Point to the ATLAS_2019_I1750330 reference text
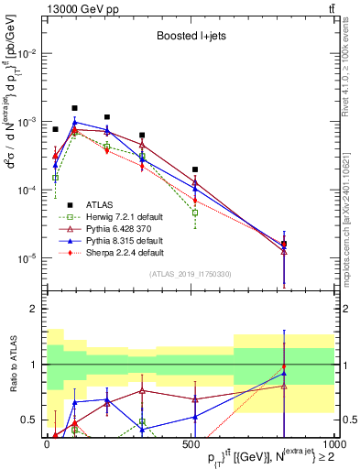coord(189,274)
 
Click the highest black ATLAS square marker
coord(74,108)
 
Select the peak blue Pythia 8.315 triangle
coord(75,122)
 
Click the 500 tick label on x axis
coord(190,444)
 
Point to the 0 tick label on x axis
coord(47,444)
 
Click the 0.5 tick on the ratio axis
coord(31,420)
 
